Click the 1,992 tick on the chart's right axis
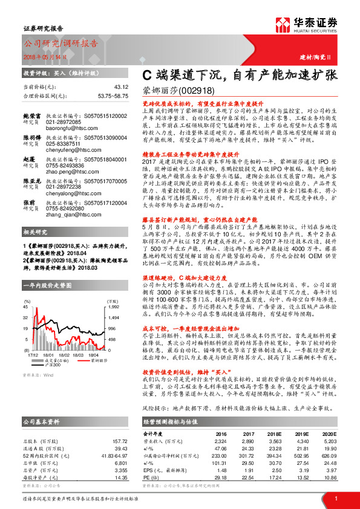pos(113,308)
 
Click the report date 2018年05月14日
pos(48,56)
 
